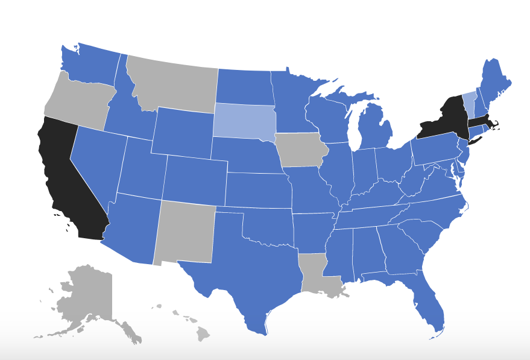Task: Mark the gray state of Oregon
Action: pos(78,99)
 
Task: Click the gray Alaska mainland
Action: pos(90,292)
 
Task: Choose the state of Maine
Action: pos(496,78)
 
